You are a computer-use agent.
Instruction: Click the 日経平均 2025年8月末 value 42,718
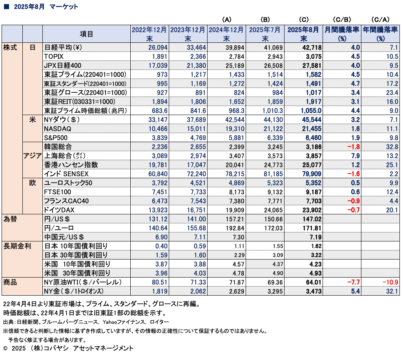(312, 48)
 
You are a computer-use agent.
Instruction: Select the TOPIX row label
(54, 57)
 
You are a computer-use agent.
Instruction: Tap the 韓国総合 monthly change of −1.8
(354, 147)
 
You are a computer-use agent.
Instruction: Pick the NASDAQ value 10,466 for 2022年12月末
(158, 129)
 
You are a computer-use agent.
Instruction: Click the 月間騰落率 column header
(342, 34)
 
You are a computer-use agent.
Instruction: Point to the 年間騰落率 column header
(380, 34)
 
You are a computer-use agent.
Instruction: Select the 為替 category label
(10, 219)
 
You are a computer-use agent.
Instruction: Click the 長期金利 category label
(17, 246)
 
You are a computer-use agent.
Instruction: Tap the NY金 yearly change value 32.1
(392, 291)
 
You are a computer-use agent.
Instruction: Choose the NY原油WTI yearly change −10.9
(390, 282)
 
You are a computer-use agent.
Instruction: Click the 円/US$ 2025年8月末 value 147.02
(312, 219)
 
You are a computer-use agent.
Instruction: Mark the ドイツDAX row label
(59, 210)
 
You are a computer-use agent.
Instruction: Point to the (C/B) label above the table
(342, 20)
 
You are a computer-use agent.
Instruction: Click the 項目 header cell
(86, 34)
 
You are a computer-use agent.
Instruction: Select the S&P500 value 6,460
(313, 138)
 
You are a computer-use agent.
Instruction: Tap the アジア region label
(33, 156)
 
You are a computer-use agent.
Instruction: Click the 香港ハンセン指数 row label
(71, 165)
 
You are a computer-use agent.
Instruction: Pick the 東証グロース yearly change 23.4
(392, 93)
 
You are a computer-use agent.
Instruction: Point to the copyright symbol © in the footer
(5, 349)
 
